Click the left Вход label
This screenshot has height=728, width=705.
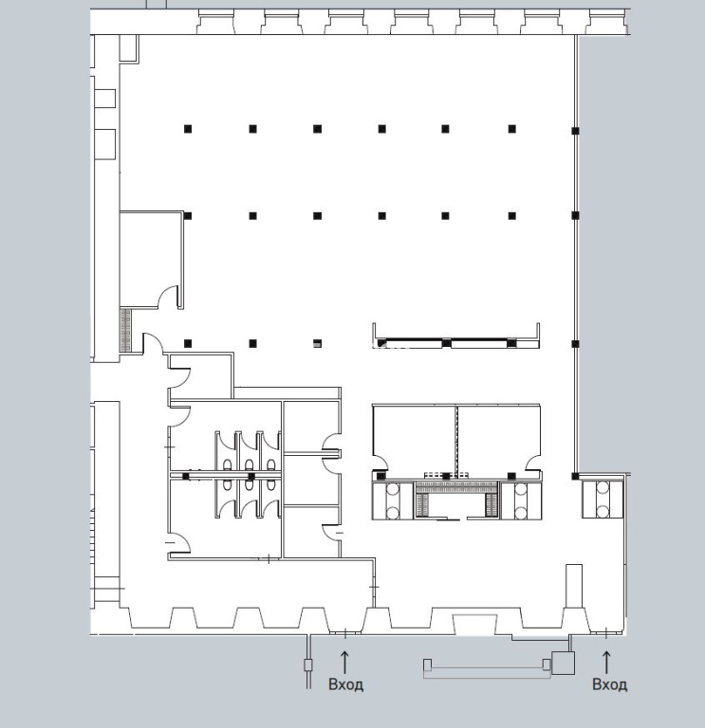click(345, 684)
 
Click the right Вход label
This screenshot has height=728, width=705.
click(609, 684)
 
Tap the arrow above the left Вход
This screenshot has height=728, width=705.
click(344, 662)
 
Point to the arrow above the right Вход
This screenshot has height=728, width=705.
click(606, 662)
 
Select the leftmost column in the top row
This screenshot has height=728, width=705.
click(188, 129)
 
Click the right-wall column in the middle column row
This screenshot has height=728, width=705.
click(575, 215)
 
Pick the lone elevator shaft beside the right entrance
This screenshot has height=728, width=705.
click(603, 500)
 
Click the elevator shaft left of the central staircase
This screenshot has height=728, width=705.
click(393, 500)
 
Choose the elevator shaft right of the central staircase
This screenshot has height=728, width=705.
click(521, 500)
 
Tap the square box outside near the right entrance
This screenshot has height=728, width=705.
click(564, 663)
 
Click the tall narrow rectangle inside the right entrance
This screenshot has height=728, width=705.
click(574, 586)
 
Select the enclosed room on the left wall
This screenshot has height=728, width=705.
click(152, 259)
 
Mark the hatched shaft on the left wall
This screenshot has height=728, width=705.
click(125, 330)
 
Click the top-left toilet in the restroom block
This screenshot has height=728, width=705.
click(228, 464)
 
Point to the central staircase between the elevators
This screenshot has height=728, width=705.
click(456, 500)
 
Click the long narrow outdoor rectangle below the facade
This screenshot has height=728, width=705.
click(487, 668)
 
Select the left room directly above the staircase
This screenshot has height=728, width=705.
click(415, 436)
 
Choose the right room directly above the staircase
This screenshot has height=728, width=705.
click(499, 436)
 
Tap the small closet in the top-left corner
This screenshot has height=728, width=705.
click(129, 47)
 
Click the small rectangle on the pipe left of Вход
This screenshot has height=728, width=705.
click(308, 665)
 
